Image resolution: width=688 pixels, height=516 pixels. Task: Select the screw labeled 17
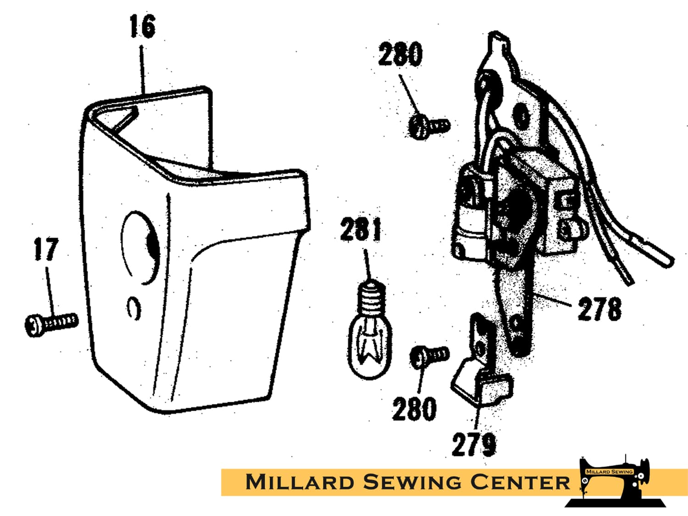coord(51,325)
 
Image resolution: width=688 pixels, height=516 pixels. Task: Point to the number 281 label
coord(361,229)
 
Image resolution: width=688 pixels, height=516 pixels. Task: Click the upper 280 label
coord(400,54)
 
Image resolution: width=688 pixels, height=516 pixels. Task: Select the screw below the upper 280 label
coord(429,127)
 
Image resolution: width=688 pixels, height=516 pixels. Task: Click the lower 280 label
coord(414,409)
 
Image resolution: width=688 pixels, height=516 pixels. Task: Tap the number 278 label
coord(599,309)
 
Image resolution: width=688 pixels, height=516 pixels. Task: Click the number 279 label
coord(474,444)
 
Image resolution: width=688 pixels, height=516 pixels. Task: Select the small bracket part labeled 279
coord(481,370)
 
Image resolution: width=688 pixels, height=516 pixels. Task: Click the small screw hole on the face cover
coord(134,308)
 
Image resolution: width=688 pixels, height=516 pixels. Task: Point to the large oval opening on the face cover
coord(140,248)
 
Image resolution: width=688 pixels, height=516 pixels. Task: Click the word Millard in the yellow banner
coord(300,482)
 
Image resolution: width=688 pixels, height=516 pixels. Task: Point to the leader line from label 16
coord(143,70)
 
